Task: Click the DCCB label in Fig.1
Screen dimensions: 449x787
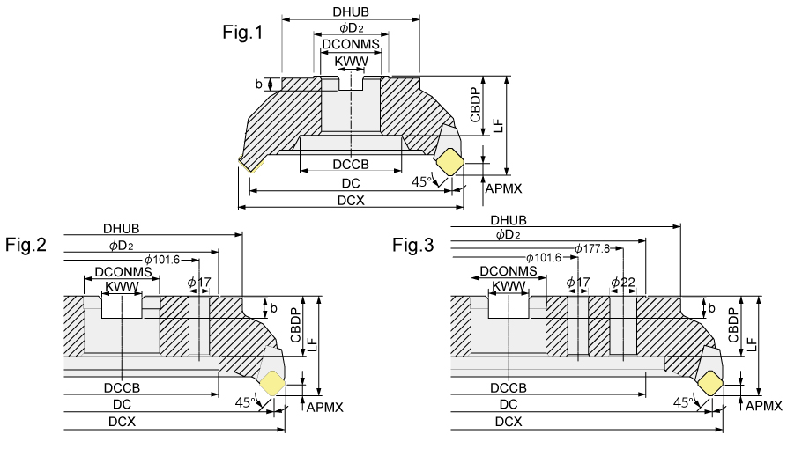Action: click(x=350, y=165)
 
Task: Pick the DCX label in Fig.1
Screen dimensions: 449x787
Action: click(x=350, y=200)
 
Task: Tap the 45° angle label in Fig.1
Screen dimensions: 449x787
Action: click(x=424, y=181)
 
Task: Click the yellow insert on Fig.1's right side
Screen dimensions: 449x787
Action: click(x=450, y=162)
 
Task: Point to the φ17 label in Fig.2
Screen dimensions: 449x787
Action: click(x=199, y=282)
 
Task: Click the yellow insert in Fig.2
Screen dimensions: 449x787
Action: click(x=271, y=382)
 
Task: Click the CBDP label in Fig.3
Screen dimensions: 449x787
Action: click(x=733, y=327)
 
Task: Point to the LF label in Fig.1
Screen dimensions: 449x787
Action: click(x=499, y=125)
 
